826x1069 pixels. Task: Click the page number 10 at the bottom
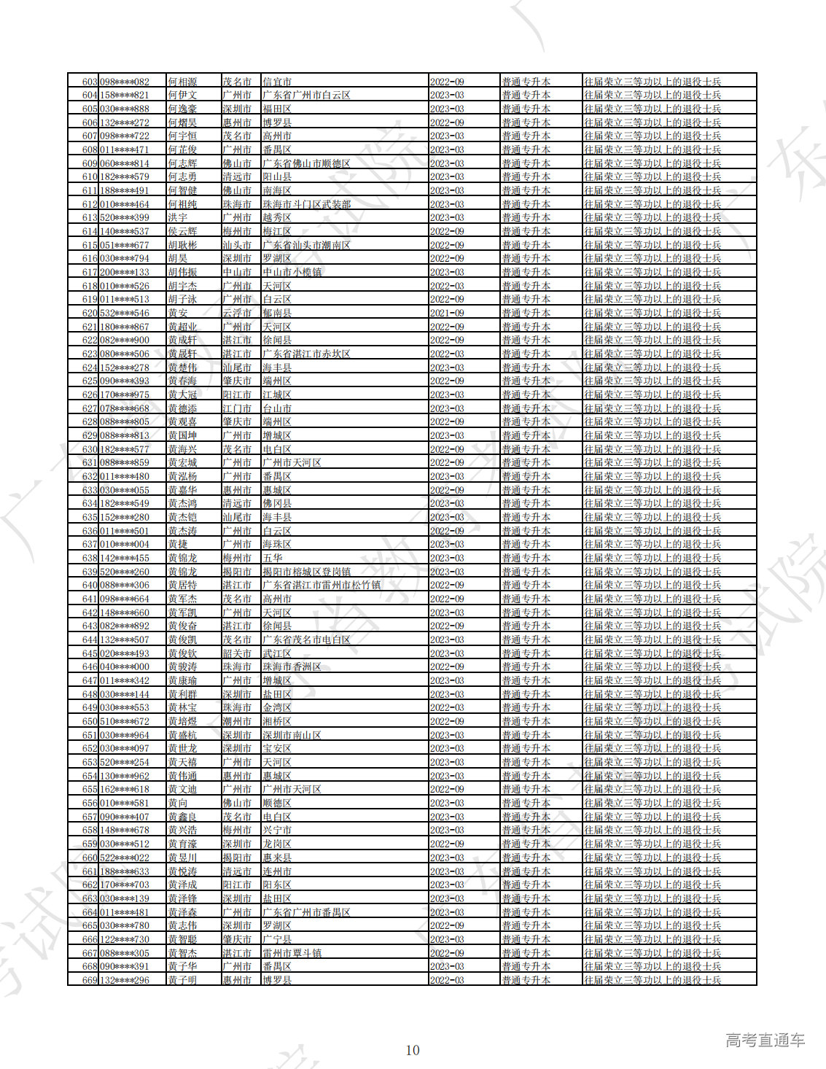pos(413,1050)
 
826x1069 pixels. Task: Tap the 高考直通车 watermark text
pos(765,1041)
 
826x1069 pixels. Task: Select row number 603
pos(90,82)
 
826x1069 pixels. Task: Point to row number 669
pos(90,980)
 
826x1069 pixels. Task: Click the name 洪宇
pos(178,218)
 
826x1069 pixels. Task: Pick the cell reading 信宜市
pos(277,82)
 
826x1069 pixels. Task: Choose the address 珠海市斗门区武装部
pos(307,204)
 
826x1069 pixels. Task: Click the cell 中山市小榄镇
pos(292,272)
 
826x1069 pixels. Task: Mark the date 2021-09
pos(447,313)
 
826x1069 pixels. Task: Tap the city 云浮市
pos(237,313)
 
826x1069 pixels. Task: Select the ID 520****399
pos(125,218)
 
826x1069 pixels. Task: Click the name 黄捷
pos(178,545)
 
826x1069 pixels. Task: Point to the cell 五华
pos(273,558)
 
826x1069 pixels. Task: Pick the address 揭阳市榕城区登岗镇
pos(307,572)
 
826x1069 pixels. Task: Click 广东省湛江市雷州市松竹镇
pos(322,586)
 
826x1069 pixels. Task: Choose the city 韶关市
pos(237,653)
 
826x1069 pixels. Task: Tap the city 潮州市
pos(237,721)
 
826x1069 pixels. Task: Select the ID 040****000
pos(125,667)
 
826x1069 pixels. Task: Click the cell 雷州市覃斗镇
pos(292,953)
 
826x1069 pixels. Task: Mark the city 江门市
pos(237,408)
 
